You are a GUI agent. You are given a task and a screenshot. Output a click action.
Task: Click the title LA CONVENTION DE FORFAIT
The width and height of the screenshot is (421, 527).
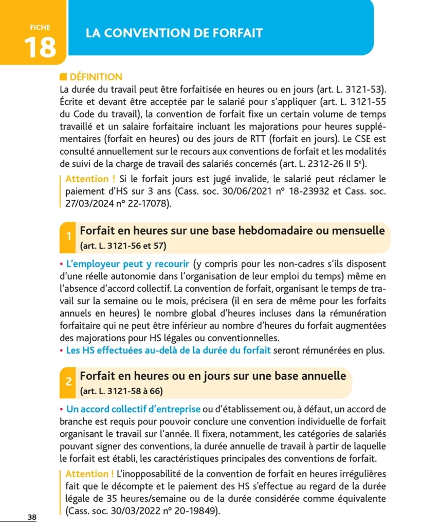point(174,34)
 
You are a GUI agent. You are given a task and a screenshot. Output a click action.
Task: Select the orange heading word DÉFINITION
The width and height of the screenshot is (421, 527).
point(96,77)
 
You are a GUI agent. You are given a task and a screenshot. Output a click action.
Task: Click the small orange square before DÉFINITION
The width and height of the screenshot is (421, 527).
point(63,77)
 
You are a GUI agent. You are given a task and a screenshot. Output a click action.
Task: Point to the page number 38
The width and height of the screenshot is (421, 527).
point(32,517)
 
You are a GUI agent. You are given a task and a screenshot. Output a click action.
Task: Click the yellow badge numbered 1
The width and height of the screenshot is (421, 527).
point(69,237)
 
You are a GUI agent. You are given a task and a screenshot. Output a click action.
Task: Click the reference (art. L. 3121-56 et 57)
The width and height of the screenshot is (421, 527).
point(124,245)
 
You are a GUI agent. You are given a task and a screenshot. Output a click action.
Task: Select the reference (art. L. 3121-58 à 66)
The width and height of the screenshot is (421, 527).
point(122,391)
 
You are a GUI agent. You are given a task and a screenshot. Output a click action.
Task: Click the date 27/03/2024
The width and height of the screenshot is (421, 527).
point(89,204)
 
